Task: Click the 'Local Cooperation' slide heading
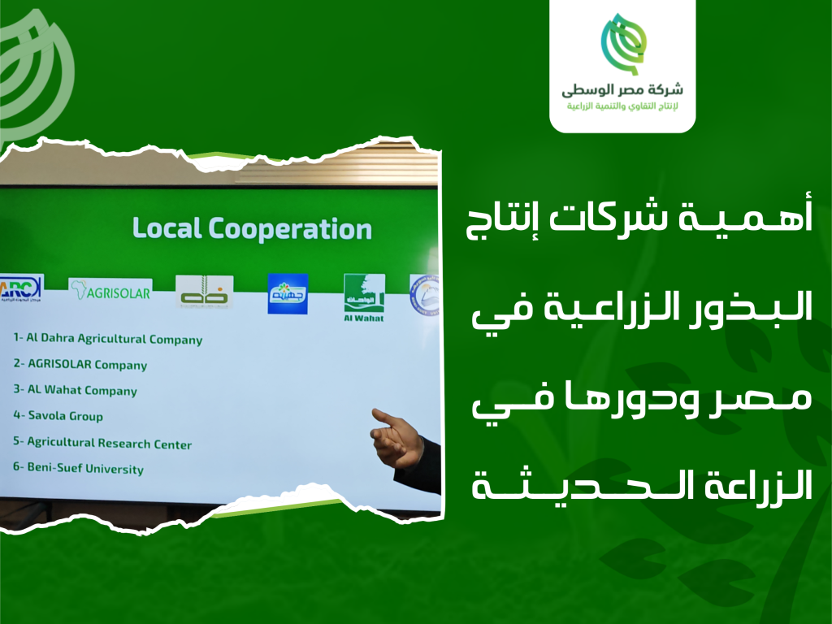point(252,228)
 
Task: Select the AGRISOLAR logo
point(110,292)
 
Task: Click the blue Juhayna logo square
point(288,293)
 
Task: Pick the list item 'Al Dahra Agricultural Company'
point(107,339)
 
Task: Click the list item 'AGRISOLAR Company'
point(80,365)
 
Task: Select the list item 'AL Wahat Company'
point(75,390)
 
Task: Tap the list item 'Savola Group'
point(58,416)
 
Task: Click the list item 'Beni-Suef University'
point(78,469)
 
